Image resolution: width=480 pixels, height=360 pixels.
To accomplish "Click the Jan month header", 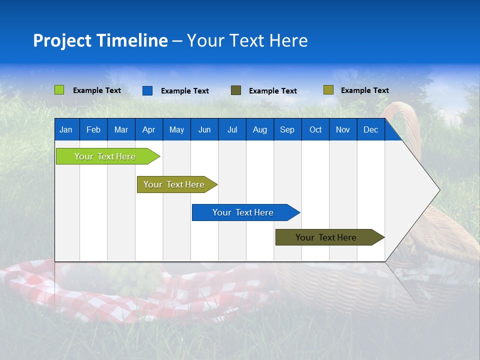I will [x=66, y=129].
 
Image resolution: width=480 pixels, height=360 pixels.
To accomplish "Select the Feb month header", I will [x=93, y=129].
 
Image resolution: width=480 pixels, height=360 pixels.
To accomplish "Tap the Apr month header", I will [x=148, y=129].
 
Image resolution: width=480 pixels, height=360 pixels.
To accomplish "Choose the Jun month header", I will [x=204, y=129].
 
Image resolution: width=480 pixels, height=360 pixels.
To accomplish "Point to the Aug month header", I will [x=259, y=129].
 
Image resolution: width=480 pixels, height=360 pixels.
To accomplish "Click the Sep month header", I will [x=287, y=129].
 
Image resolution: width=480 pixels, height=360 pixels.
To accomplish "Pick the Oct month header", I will [x=315, y=129].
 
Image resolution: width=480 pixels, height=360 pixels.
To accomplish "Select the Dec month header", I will [x=370, y=129].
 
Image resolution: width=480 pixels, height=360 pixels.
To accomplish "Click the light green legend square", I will [x=59, y=90].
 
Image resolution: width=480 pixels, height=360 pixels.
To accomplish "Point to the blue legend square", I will [x=147, y=90].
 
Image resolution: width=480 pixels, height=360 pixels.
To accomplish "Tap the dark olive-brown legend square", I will [x=236, y=90].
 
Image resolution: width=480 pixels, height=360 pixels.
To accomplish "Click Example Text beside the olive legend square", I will [x=364, y=90].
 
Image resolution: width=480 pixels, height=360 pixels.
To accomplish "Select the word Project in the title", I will [x=62, y=40].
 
